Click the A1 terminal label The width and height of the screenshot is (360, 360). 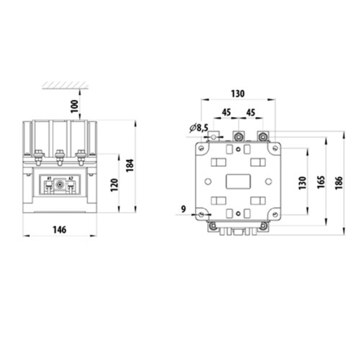pyautogui.click(x=49, y=179)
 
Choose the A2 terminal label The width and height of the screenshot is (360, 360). pyautogui.click(x=71, y=179)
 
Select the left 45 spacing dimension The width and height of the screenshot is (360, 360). pyautogui.click(x=223, y=113)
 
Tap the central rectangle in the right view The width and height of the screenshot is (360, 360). pyautogui.click(x=238, y=180)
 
